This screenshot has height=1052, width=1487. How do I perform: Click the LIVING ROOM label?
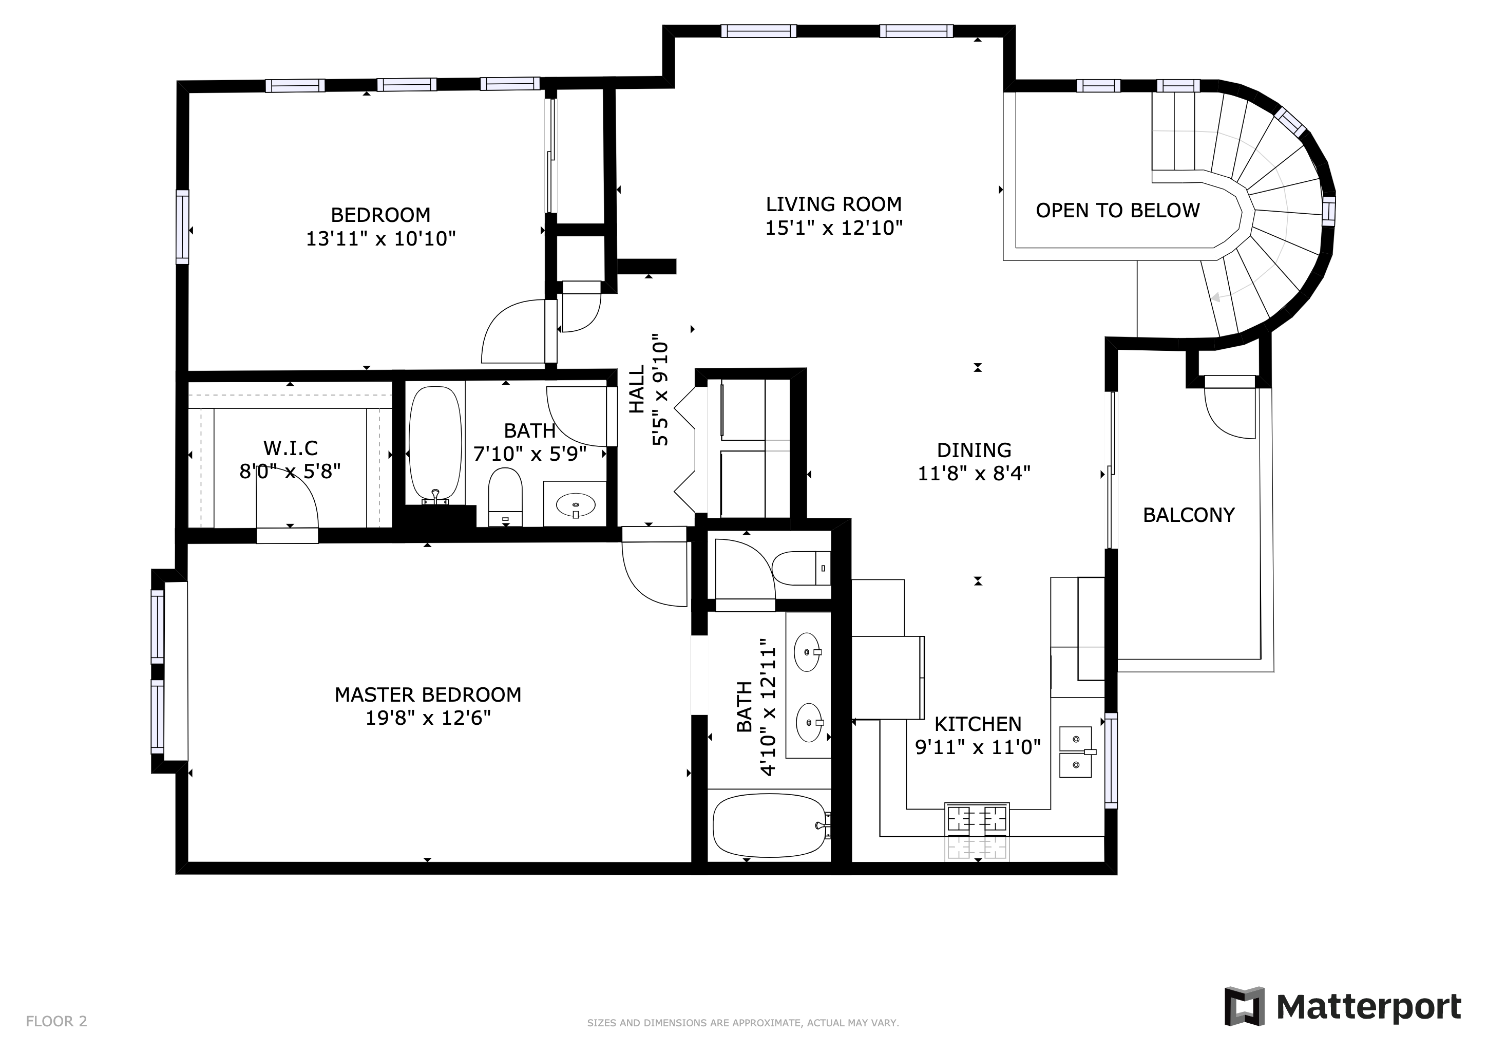[x=833, y=204]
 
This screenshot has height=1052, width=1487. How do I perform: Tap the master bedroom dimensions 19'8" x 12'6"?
[x=428, y=718]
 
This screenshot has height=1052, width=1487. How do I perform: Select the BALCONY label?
[x=1189, y=515]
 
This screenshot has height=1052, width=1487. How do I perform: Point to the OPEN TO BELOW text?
[x=1117, y=211]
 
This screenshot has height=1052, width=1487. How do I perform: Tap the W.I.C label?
[x=290, y=447]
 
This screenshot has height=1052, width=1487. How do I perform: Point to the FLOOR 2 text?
[x=56, y=1022]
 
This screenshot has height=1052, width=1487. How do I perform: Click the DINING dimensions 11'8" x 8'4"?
[x=974, y=474]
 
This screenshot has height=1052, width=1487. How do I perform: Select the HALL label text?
[x=637, y=389]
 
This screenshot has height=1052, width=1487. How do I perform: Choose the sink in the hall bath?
[x=576, y=504]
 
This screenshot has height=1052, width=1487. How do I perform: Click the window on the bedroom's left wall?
[x=183, y=227]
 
